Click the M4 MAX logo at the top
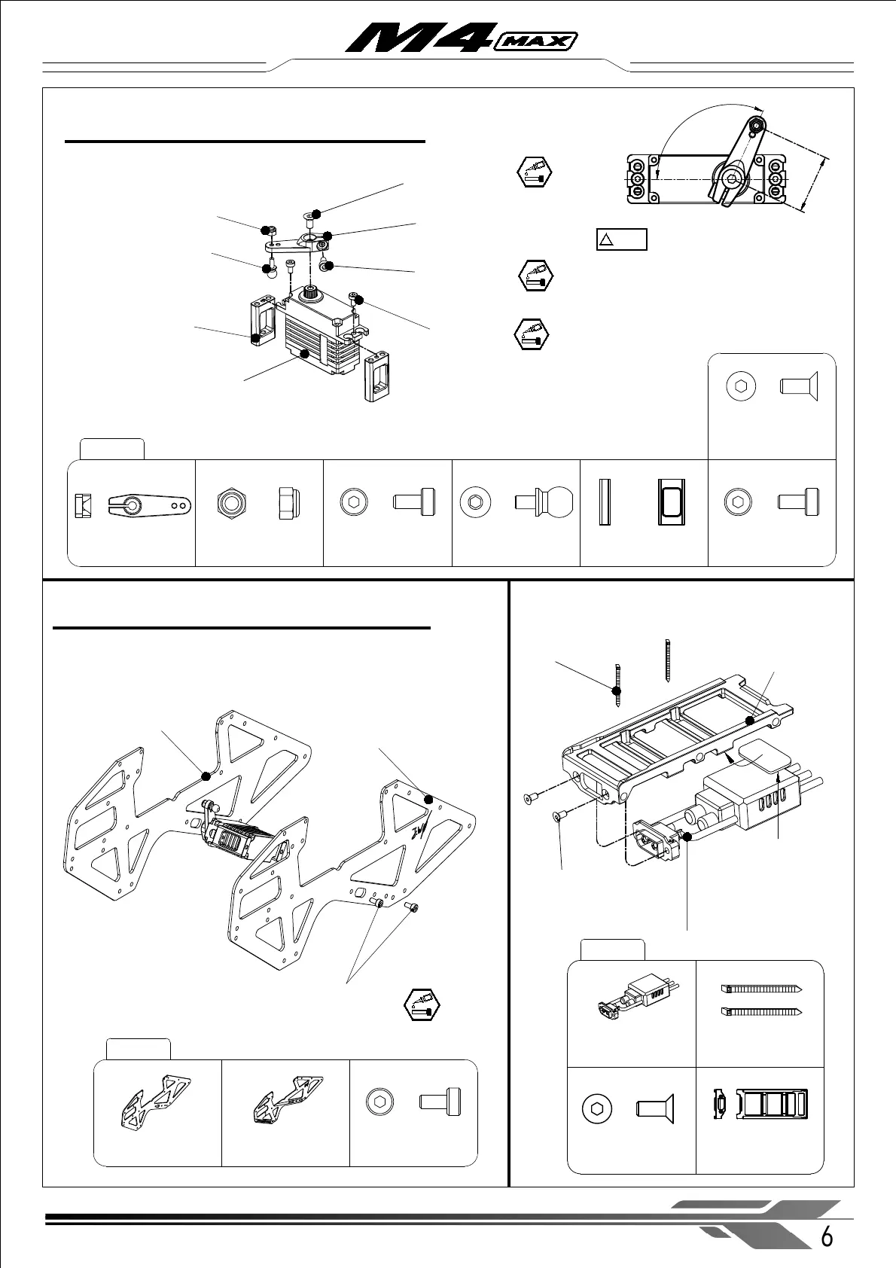pyautogui.click(x=461, y=38)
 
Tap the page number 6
pyautogui.click(x=827, y=1237)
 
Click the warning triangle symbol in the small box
pyautogui.click(x=607, y=240)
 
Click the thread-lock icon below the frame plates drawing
pyautogui.click(x=422, y=1004)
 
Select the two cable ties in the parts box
pyautogui.click(x=760, y=999)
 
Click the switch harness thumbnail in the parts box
pyautogui.click(x=631, y=998)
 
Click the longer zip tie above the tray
pyautogui.click(x=668, y=661)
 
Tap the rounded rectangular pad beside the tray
pyautogui.click(x=759, y=754)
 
